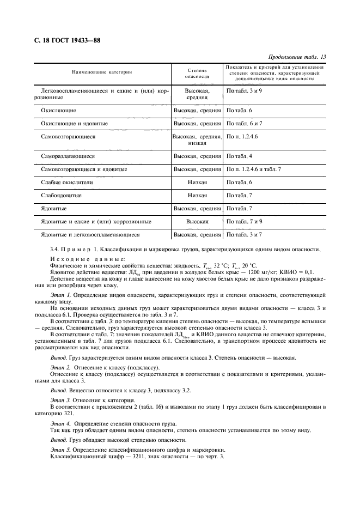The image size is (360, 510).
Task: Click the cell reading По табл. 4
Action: [x=239, y=156]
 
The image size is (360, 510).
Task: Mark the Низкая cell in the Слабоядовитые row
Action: [x=197, y=195]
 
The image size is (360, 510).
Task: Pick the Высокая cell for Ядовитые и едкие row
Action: [x=197, y=222]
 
